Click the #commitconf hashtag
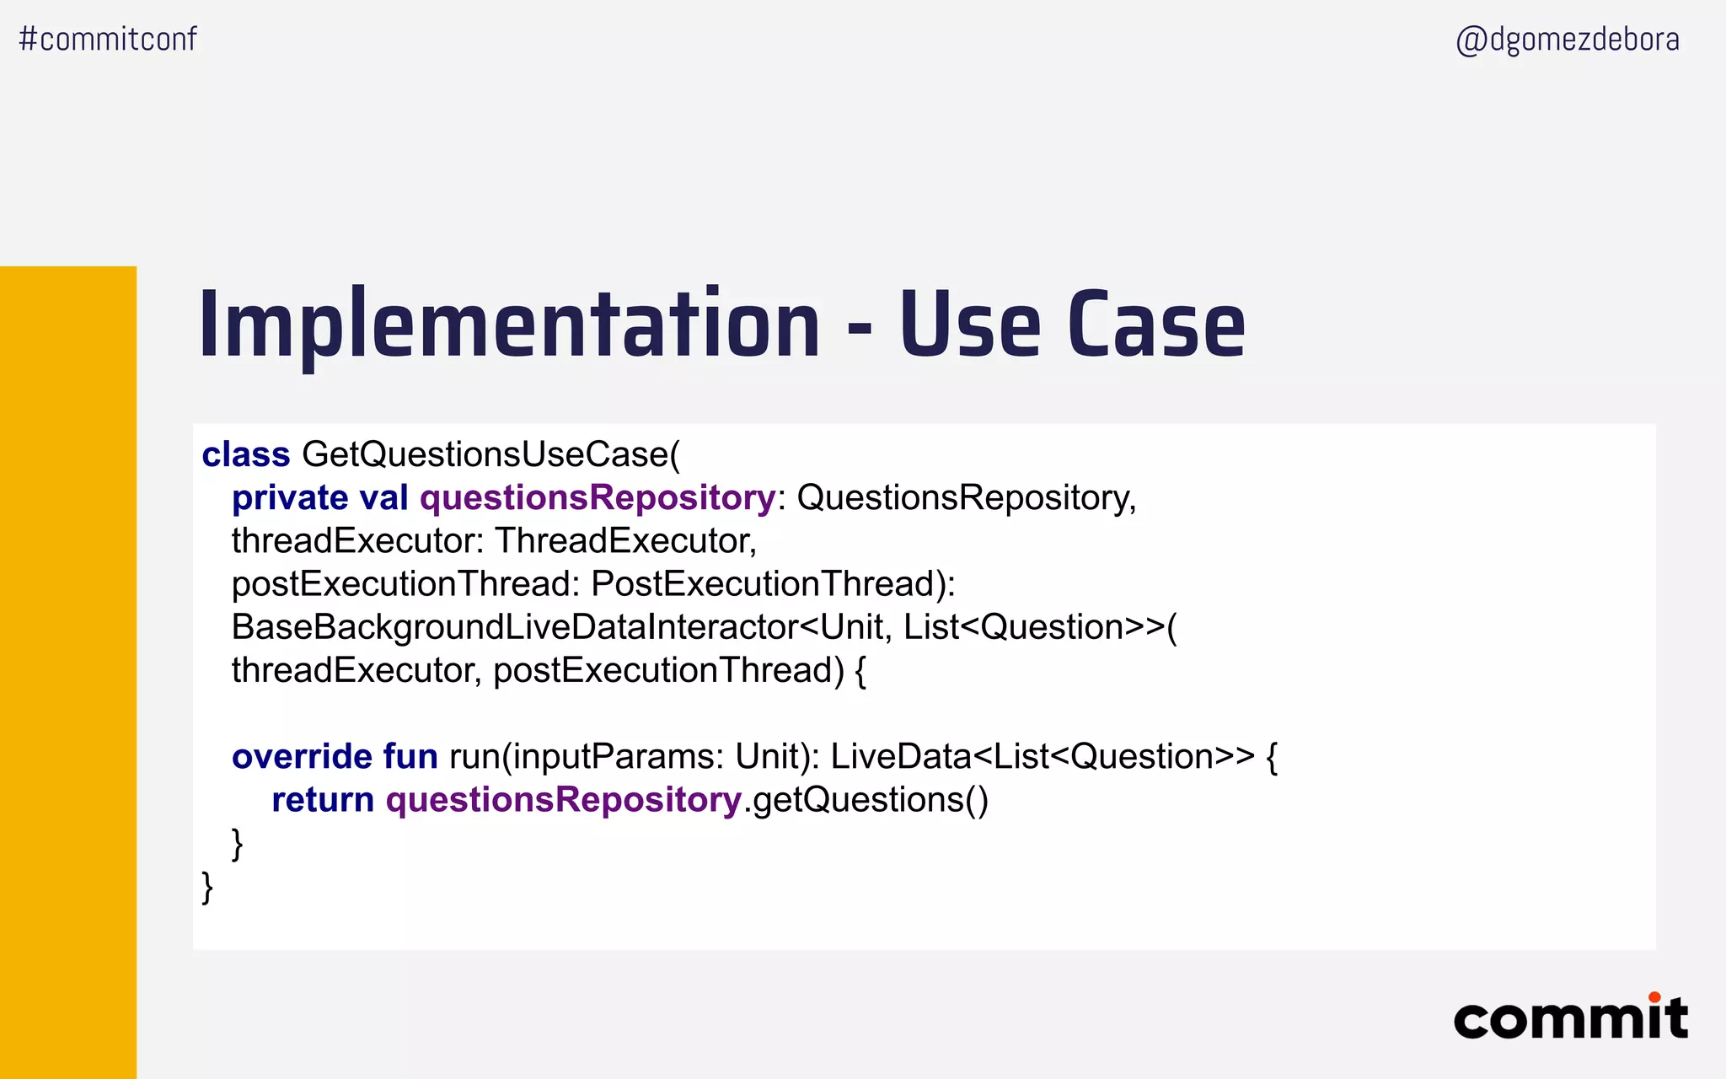coord(108,39)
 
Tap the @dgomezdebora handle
coord(1568,40)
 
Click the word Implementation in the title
coord(509,325)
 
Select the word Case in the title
coord(1156,325)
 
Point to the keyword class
coord(246,454)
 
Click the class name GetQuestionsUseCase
coord(487,454)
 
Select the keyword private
coord(290,498)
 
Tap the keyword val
coord(384,498)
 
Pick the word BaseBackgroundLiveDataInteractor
coord(514,627)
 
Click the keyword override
coord(302,756)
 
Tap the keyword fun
coord(410,756)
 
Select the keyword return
coord(323,800)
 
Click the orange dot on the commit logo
coord(1654,997)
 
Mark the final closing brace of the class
coord(207,888)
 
